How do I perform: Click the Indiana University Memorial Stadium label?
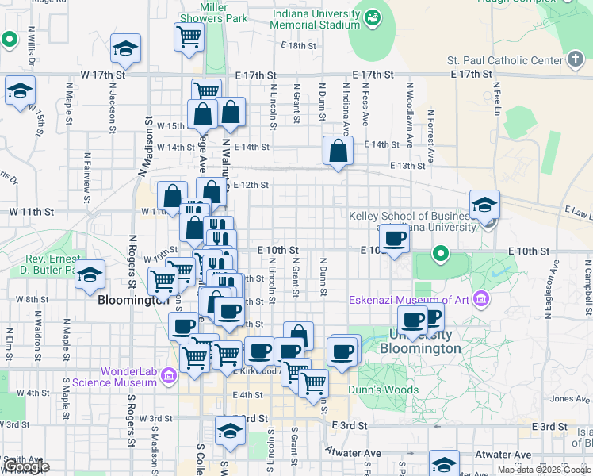[316, 20]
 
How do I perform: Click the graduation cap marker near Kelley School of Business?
[484, 204]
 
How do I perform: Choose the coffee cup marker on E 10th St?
[394, 238]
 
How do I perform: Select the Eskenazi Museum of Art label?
[410, 300]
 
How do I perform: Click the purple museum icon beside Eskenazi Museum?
[480, 299]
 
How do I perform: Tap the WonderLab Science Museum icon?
[167, 375]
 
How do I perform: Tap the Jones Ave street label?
[564, 399]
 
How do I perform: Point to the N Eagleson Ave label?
[548, 292]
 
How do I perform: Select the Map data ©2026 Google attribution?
[544, 470]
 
